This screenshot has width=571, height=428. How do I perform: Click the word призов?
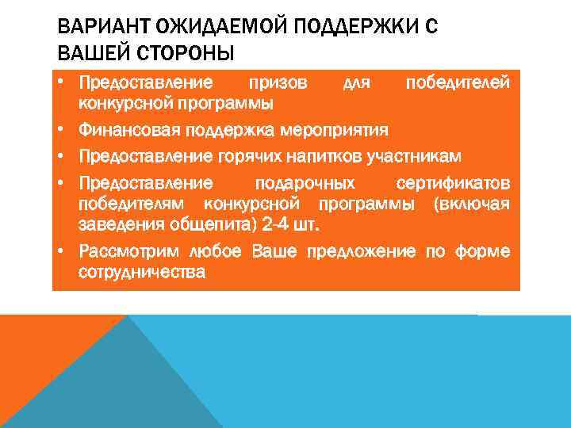(x=278, y=82)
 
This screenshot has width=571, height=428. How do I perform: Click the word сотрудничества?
(x=142, y=273)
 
